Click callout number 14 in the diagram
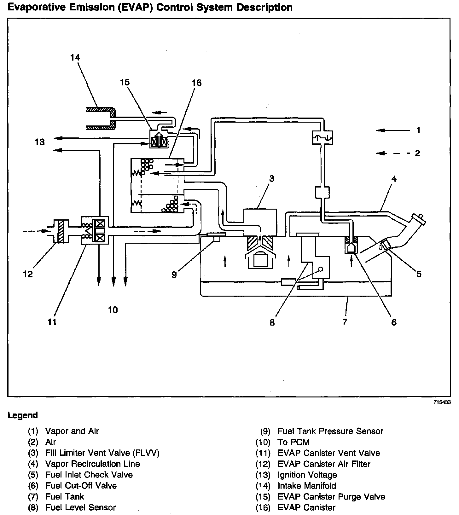75,58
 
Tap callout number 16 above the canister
196,83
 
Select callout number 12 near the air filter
28,274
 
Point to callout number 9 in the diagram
174,275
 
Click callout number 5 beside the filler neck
419,274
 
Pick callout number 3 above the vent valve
271,179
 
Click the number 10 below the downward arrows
113,310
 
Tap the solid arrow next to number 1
393,130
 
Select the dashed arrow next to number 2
393,153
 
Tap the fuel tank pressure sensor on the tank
215,236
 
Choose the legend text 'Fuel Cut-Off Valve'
81,485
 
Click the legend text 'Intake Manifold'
306,485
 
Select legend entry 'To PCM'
293,442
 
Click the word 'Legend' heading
23,415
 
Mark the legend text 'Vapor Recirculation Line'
92,464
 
